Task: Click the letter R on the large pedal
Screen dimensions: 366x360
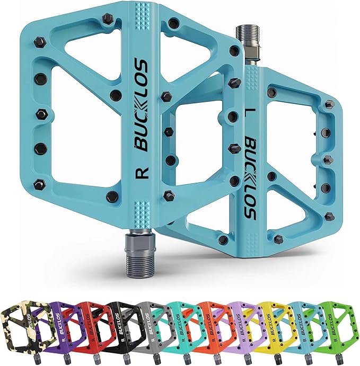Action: pyautogui.click(x=142, y=173)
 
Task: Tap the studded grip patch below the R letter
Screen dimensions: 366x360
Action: pyautogui.click(x=142, y=209)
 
